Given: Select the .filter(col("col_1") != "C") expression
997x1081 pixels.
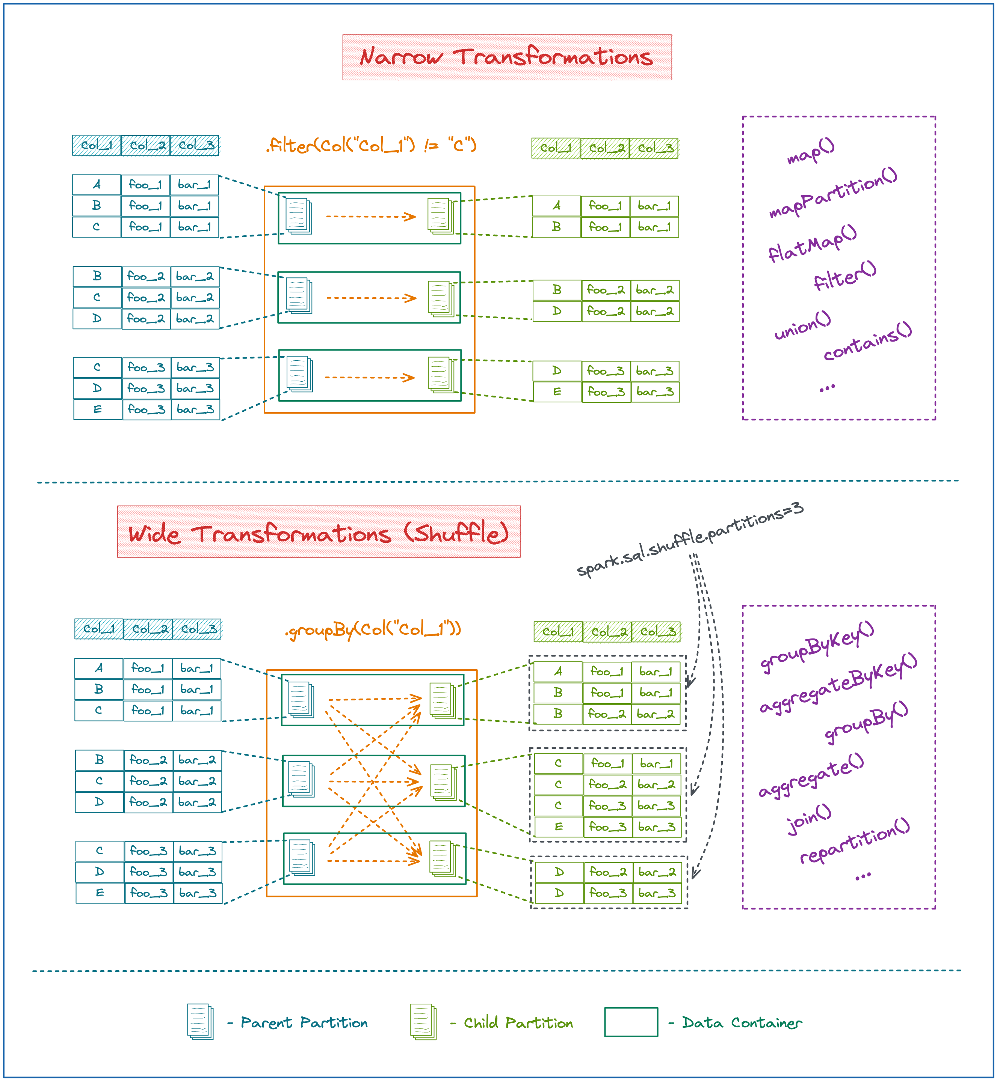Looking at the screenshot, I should [371, 145].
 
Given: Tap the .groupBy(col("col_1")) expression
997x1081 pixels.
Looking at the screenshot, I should [373, 629].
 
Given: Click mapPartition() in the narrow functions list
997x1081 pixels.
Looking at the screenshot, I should [832, 192].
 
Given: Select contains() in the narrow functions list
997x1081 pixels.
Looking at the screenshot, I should [867, 341].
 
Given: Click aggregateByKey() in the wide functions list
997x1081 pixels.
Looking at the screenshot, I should [838, 682].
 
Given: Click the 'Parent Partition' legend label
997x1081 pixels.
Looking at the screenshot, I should [304, 1023].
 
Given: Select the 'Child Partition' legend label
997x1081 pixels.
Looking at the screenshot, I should [518, 1023].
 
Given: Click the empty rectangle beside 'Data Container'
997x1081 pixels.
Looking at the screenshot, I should [631, 1022].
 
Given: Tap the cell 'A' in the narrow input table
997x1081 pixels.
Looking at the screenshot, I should [97, 184].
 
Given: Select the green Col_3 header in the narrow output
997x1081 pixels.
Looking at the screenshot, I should [654, 148].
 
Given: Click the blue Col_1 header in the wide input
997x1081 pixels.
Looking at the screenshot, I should [99, 629].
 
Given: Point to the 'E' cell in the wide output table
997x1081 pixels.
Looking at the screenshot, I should [558, 827].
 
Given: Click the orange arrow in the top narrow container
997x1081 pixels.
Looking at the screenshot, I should [371, 217].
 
